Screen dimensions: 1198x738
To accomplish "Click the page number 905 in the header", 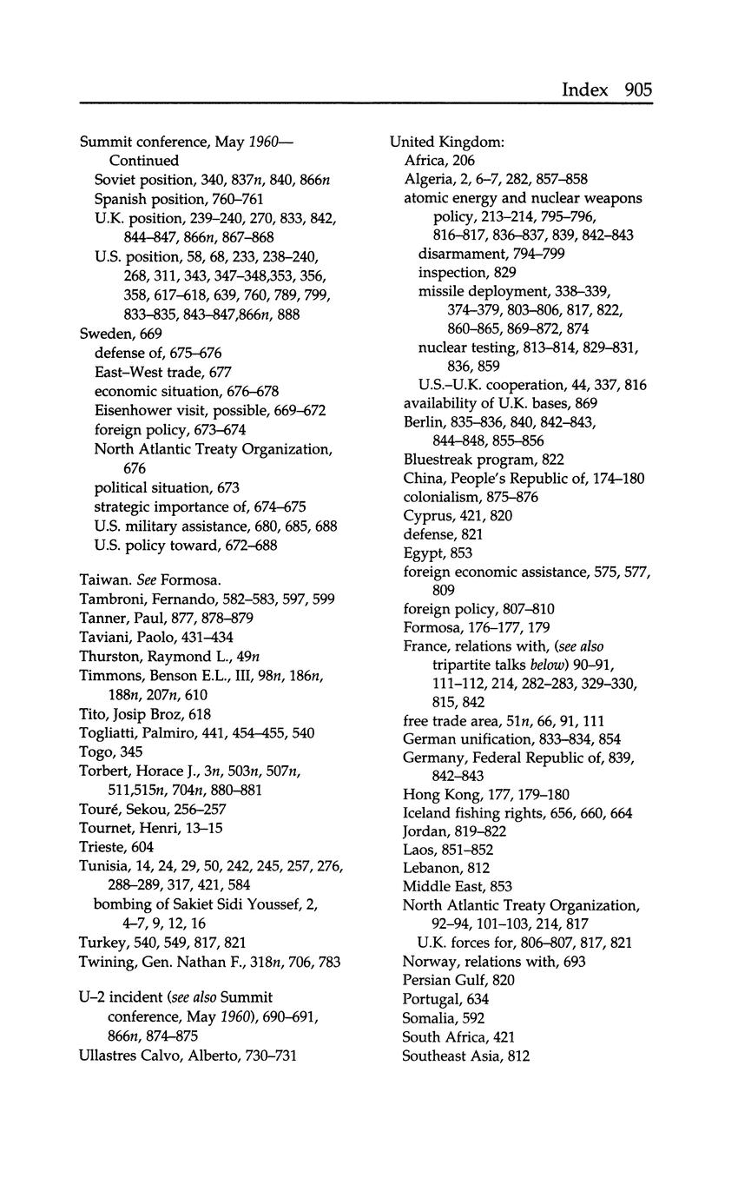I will tap(636, 89).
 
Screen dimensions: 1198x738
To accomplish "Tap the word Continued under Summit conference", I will tap(144, 161).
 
